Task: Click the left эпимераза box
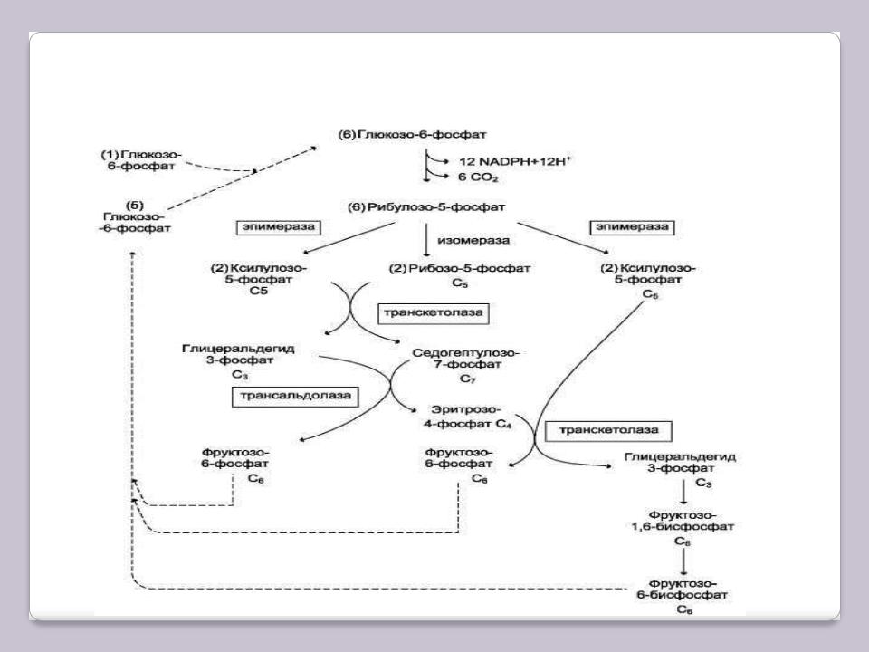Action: tap(277, 227)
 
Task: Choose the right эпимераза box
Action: tap(631, 226)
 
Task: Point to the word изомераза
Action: tap(469, 241)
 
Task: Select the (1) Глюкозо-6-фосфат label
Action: tap(141, 160)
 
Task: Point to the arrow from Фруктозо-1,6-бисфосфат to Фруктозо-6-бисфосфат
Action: tap(683, 559)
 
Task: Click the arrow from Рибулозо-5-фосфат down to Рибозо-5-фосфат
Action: tap(426, 239)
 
